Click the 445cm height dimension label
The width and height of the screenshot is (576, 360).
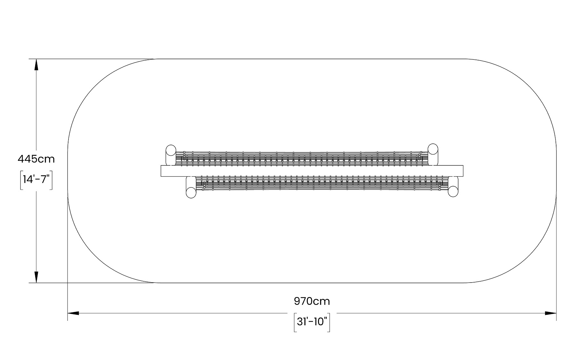pos(36,159)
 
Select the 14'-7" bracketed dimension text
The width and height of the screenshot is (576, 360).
pos(36,180)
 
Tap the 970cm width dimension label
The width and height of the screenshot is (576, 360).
pos(312,301)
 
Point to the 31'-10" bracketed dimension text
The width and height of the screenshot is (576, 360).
pos(312,322)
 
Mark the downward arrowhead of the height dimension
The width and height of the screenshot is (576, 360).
pos(36,277)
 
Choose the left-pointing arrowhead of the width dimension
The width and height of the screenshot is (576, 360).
pos(73,313)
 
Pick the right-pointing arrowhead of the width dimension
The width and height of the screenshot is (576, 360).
pos(551,313)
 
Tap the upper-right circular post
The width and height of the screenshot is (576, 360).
pos(433,149)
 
